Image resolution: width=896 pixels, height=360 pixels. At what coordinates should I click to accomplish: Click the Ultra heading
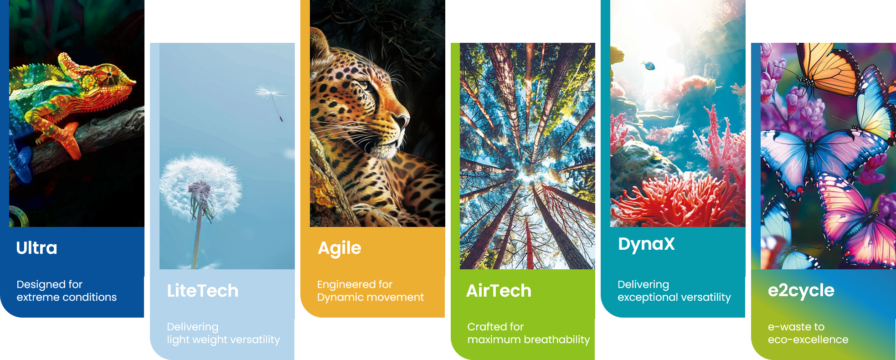[36, 248]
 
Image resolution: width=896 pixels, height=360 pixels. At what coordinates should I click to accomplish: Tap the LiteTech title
[202, 291]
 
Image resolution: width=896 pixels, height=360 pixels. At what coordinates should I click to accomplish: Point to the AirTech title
[499, 291]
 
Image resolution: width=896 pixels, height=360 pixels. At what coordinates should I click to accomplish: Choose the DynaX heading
[646, 244]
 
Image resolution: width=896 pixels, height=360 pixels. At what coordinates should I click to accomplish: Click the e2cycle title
[801, 291]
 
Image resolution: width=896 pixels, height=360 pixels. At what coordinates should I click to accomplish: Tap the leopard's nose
[403, 120]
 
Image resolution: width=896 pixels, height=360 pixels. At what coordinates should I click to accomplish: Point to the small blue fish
[648, 65]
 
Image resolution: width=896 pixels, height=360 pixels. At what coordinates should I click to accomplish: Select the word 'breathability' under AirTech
[557, 340]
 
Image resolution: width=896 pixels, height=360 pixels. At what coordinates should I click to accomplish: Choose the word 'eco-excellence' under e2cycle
[808, 340]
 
